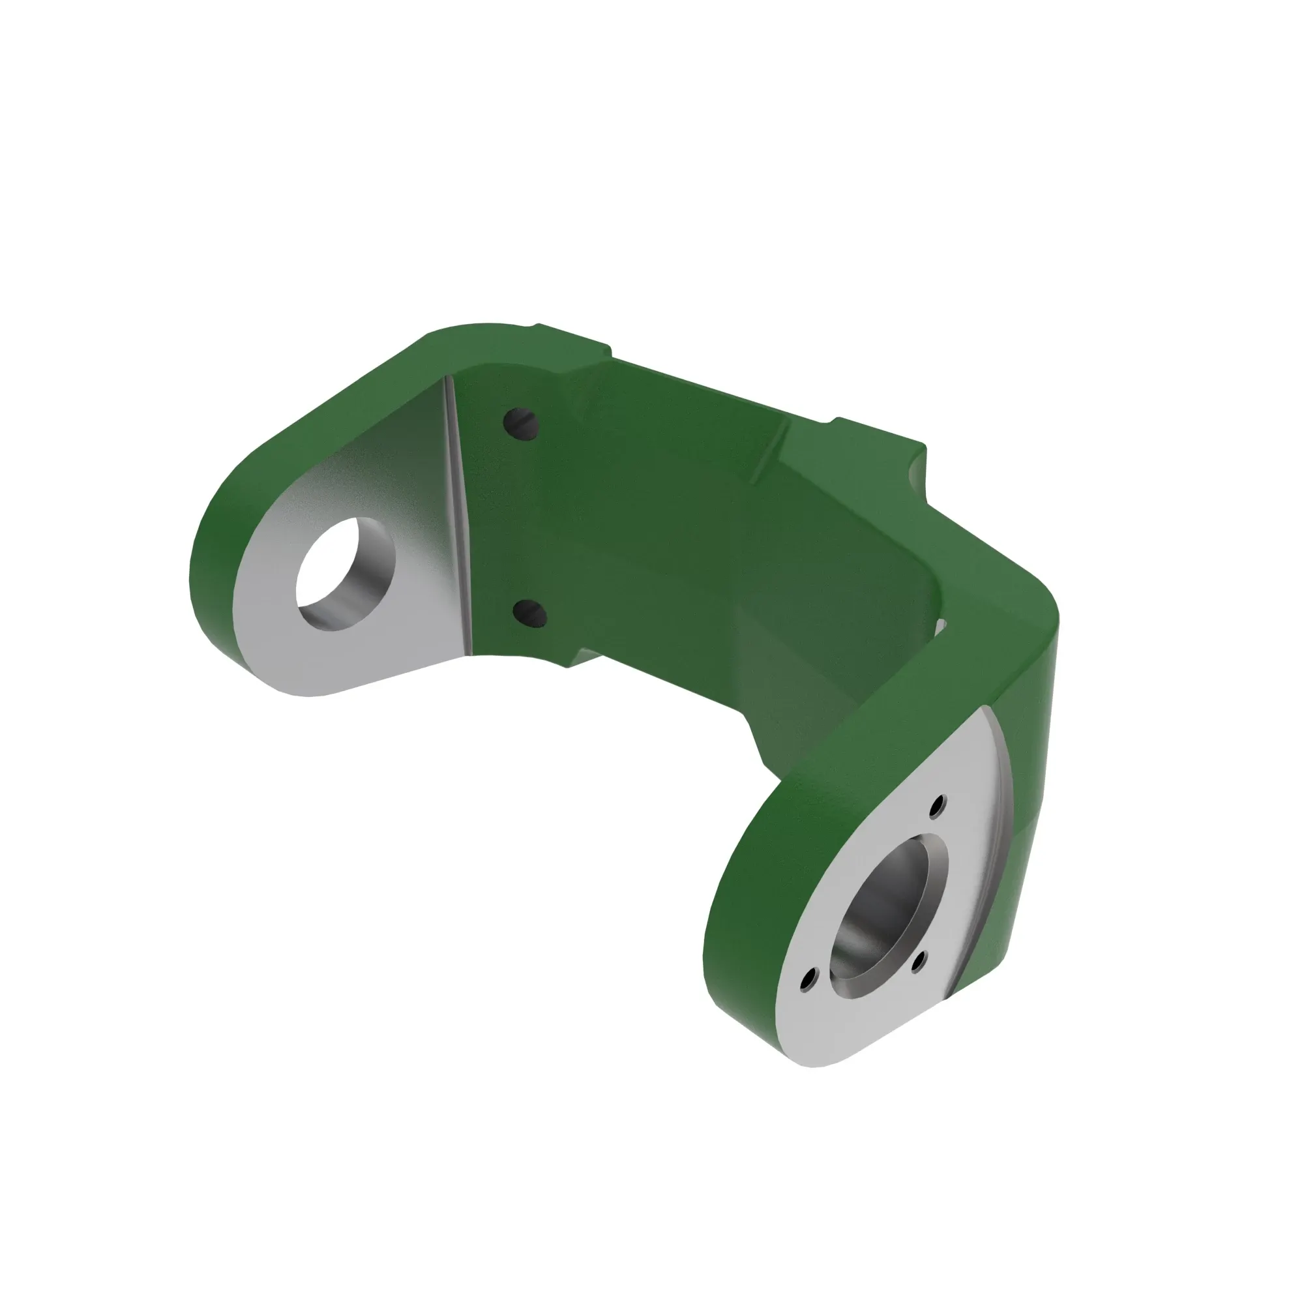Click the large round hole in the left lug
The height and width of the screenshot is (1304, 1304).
click(x=343, y=574)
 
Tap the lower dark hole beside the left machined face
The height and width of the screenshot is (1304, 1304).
click(x=530, y=614)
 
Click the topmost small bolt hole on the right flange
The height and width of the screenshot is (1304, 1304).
click(x=938, y=805)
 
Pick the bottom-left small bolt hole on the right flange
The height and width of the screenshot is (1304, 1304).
click(x=808, y=980)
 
